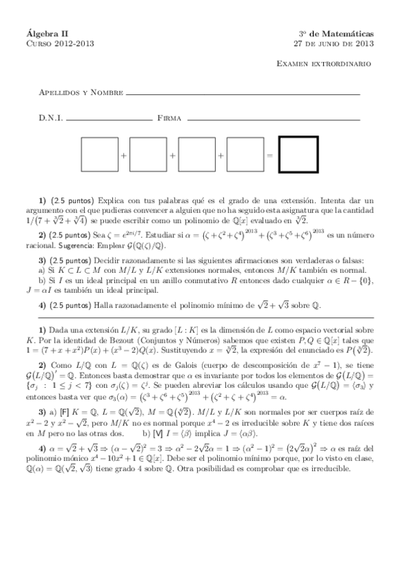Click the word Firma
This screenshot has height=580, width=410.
[169, 118]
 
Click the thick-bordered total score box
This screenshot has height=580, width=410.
[298, 155]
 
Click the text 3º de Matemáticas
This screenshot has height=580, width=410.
[335, 32]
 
